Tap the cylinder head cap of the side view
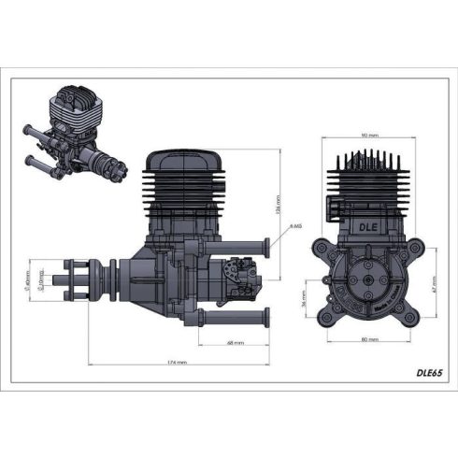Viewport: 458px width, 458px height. [x=188, y=159]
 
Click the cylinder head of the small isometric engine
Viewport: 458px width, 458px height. [x=72, y=106]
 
